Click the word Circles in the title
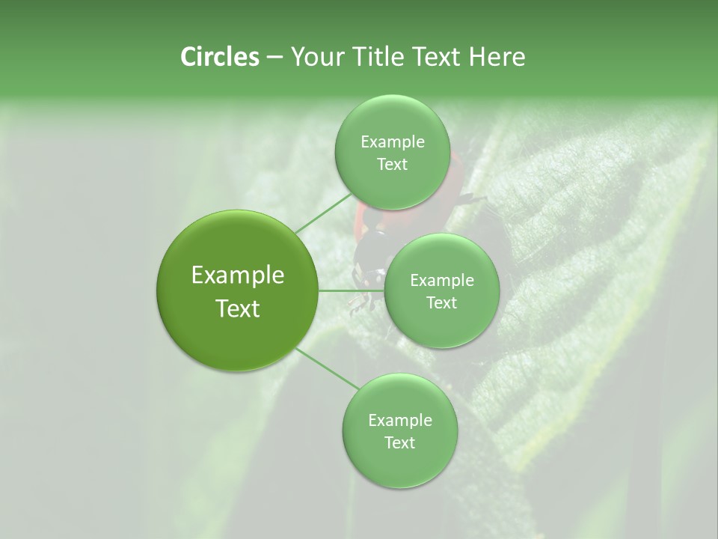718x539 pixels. pos(219,57)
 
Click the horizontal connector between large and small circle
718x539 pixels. pos(351,290)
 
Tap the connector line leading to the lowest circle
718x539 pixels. pos(328,368)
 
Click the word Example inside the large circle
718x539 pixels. pos(238,275)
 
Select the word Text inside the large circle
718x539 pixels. pos(238,308)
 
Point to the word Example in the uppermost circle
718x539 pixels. pos(392,142)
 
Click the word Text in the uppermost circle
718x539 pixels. pos(392,165)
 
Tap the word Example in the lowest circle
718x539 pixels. pos(399,421)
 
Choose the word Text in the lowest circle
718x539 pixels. pos(399,443)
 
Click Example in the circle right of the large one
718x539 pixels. pos(441,281)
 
